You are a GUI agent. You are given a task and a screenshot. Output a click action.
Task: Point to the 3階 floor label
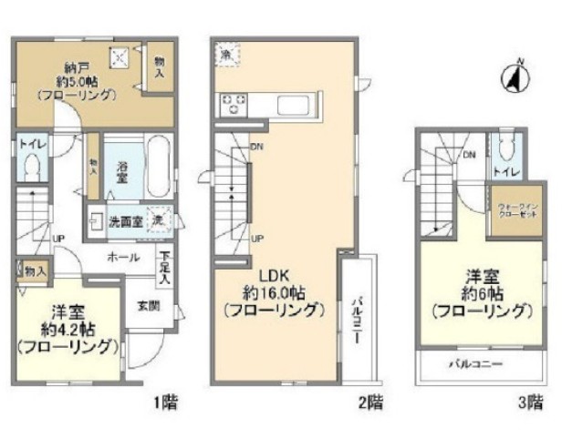click(536, 401)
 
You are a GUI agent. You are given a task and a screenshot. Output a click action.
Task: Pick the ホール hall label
click(123, 258)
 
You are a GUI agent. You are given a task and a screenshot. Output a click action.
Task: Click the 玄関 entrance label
click(149, 306)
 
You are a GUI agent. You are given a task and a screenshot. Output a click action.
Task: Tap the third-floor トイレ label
click(504, 171)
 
